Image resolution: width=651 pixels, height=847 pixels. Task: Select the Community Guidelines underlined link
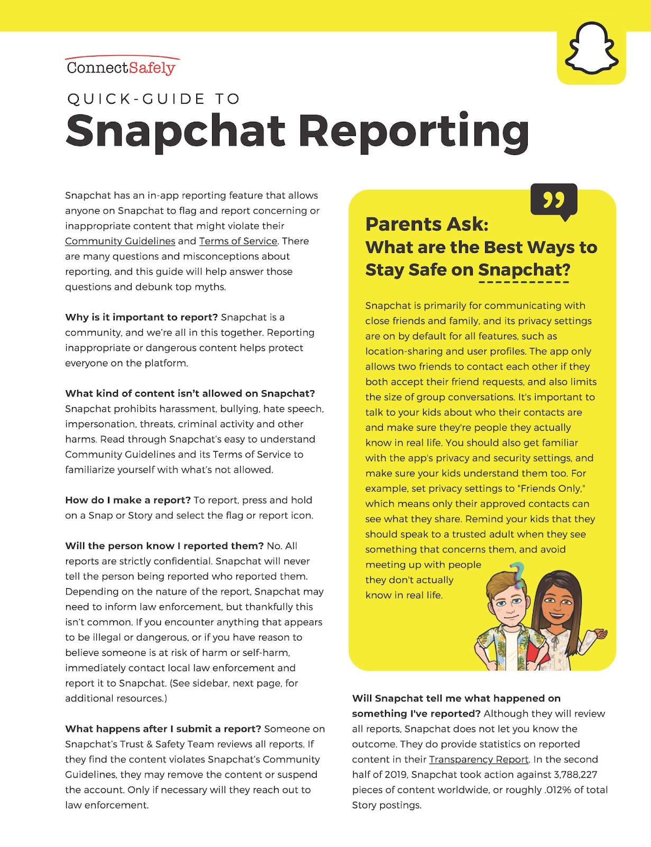(x=120, y=241)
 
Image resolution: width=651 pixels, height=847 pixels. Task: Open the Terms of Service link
(x=238, y=241)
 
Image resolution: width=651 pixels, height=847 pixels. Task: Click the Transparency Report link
(x=479, y=760)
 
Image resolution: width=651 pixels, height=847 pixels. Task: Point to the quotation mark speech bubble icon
(x=554, y=200)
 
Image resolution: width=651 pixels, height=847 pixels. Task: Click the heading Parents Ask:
(x=427, y=224)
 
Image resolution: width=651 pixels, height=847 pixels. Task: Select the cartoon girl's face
(x=558, y=603)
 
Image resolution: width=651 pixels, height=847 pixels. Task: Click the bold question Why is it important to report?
(x=141, y=318)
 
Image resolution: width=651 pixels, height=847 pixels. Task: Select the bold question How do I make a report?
(x=127, y=500)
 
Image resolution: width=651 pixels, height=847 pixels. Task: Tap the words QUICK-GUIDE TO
(x=153, y=99)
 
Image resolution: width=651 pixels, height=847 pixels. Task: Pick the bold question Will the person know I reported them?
(x=164, y=546)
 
